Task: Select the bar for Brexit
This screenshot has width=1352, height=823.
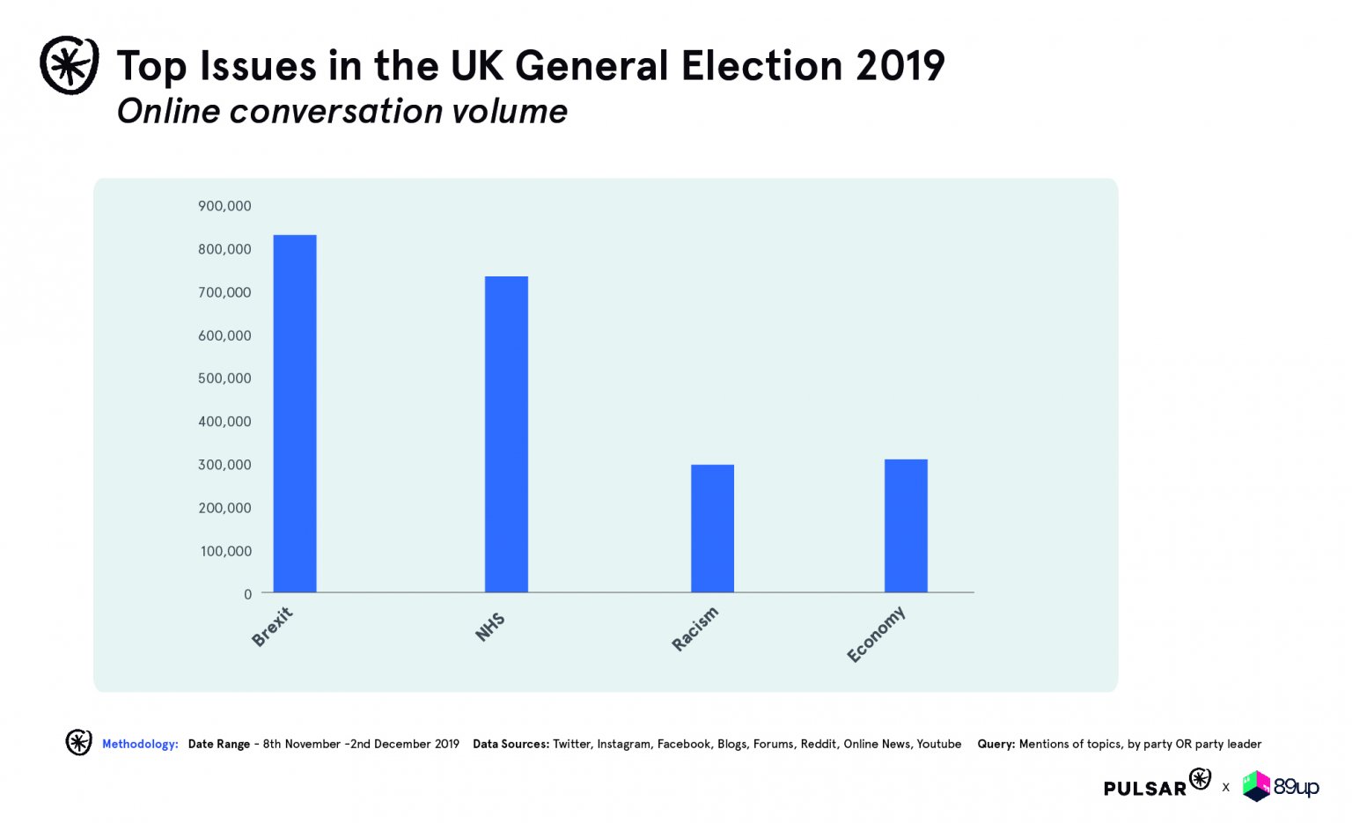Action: pyautogui.click(x=295, y=414)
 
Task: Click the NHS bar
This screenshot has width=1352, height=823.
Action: pyautogui.click(x=506, y=434)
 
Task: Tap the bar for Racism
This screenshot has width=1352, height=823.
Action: pyautogui.click(x=712, y=528)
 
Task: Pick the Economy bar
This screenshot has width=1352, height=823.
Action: pyautogui.click(x=906, y=525)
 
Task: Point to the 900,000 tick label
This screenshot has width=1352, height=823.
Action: pyautogui.click(x=224, y=206)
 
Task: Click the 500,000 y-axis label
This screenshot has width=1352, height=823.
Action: pyautogui.click(x=224, y=378)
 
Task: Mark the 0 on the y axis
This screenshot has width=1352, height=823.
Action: pyautogui.click(x=247, y=594)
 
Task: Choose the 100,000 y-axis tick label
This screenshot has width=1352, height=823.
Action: pyautogui.click(x=225, y=551)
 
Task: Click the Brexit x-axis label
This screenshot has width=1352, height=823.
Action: pyautogui.click(x=272, y=627)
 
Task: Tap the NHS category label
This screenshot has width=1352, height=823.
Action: pyautogui.click(x=490, y=626)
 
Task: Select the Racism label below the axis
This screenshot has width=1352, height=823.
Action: pyautogui.click(x=695, y=628)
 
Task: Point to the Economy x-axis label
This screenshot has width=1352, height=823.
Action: pyautogui.click(x=876, y=634)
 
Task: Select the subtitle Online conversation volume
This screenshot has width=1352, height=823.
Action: pyautogui.click(x=342, y=112)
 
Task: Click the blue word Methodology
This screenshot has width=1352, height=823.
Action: pyautogui.click(x=140, y=744)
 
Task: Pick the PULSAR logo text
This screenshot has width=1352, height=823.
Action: pyautogui.click(x=1145, y=788)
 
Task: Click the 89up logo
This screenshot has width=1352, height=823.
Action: pyautogui.click(x=1281, y=786)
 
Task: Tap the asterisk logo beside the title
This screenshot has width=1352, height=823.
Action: pyautogui.click(x=70, y=65)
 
